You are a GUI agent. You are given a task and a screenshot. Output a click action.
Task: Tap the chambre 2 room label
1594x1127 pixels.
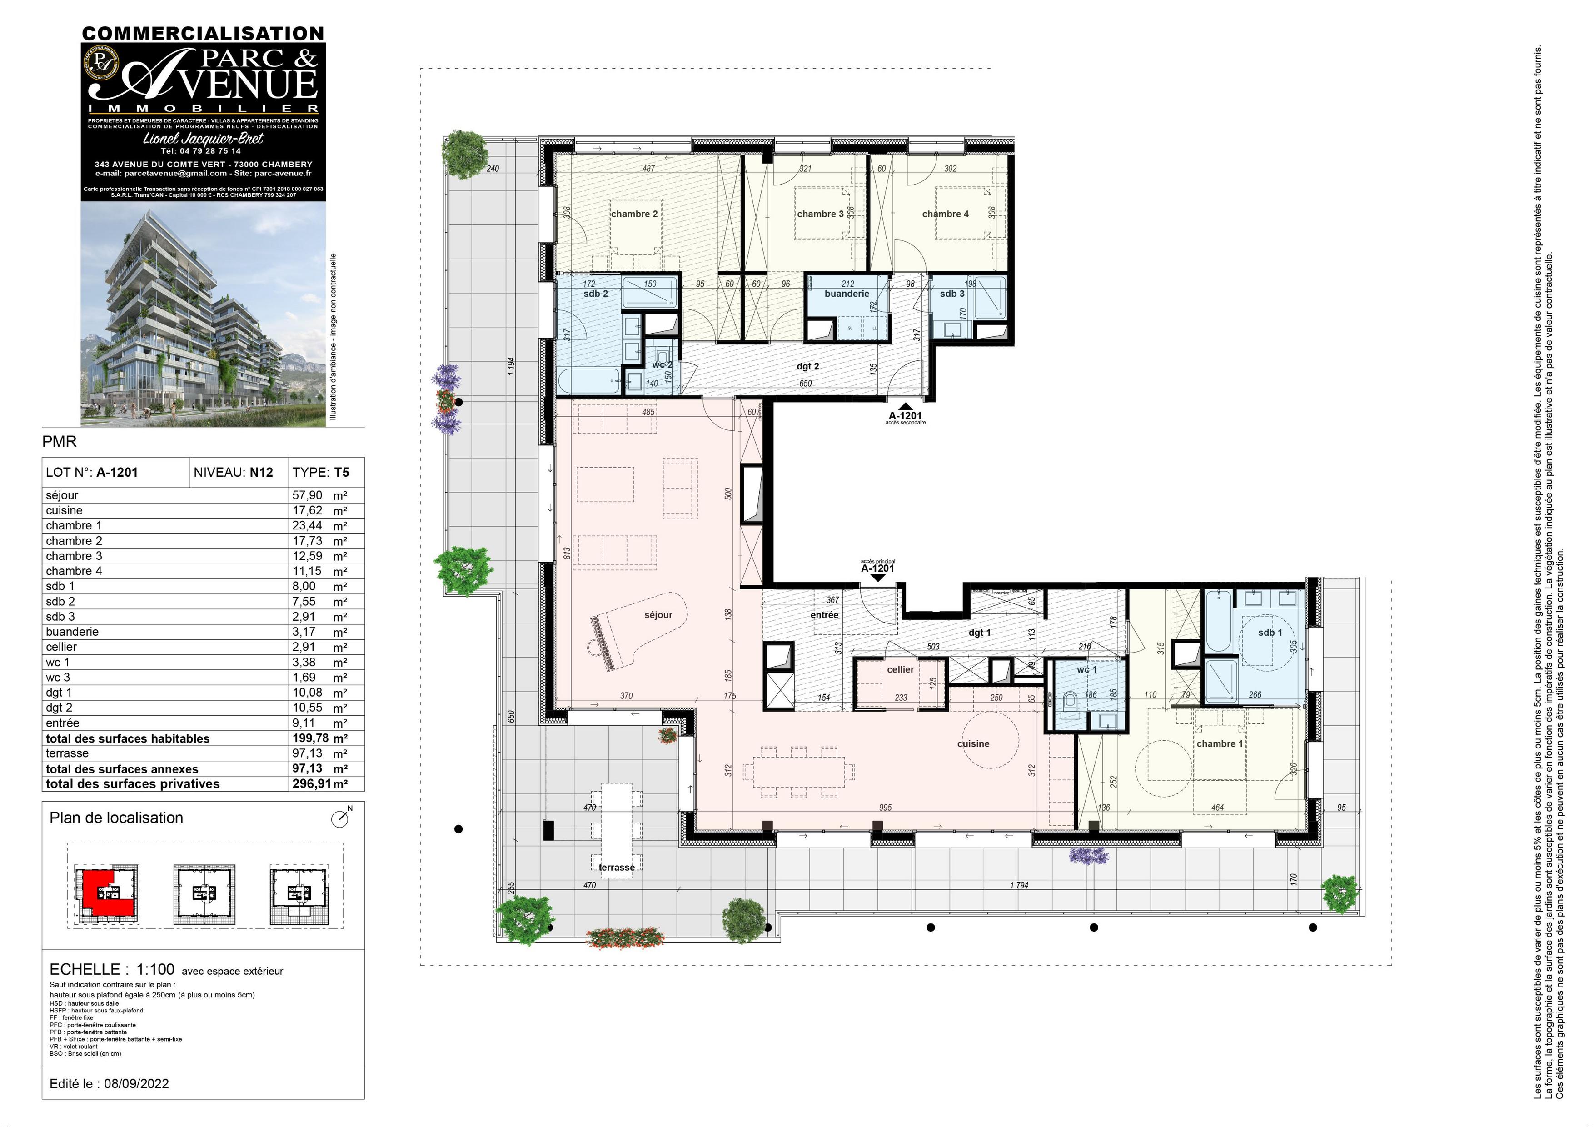coord(634,214)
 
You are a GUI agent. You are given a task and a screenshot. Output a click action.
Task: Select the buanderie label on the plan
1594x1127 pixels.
coord(846,294)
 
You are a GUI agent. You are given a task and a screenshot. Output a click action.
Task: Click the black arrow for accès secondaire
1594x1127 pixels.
coord(905,407)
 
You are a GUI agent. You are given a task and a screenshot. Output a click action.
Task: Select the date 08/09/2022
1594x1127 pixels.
coord(136,1083)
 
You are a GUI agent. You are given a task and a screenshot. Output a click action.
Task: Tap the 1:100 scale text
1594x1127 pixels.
coord(155,969)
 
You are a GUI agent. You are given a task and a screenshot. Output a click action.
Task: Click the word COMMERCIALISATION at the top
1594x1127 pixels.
coord(203,33)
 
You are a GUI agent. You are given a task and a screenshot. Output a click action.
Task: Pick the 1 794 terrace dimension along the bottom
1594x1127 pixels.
coord(1018,885)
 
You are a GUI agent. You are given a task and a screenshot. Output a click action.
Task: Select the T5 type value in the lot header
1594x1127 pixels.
coord(341,472)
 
